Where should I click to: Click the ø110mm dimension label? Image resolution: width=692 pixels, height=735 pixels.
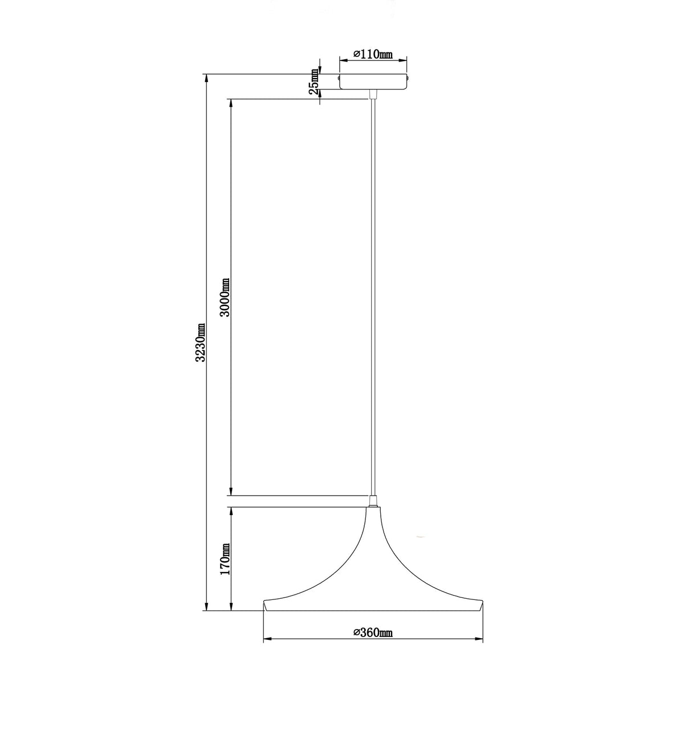pos(372,54)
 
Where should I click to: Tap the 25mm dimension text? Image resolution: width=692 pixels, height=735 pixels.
pos(314,82)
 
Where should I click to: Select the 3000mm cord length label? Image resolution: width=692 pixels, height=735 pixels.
pos(225,298)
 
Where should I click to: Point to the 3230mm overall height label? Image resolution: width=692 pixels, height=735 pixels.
pos(200,342)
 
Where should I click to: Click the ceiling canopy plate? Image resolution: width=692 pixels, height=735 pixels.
pos(373,82)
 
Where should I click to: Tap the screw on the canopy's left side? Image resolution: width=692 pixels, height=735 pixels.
pos(339,78)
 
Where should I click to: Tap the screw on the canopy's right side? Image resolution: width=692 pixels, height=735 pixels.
pos(408,78)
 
